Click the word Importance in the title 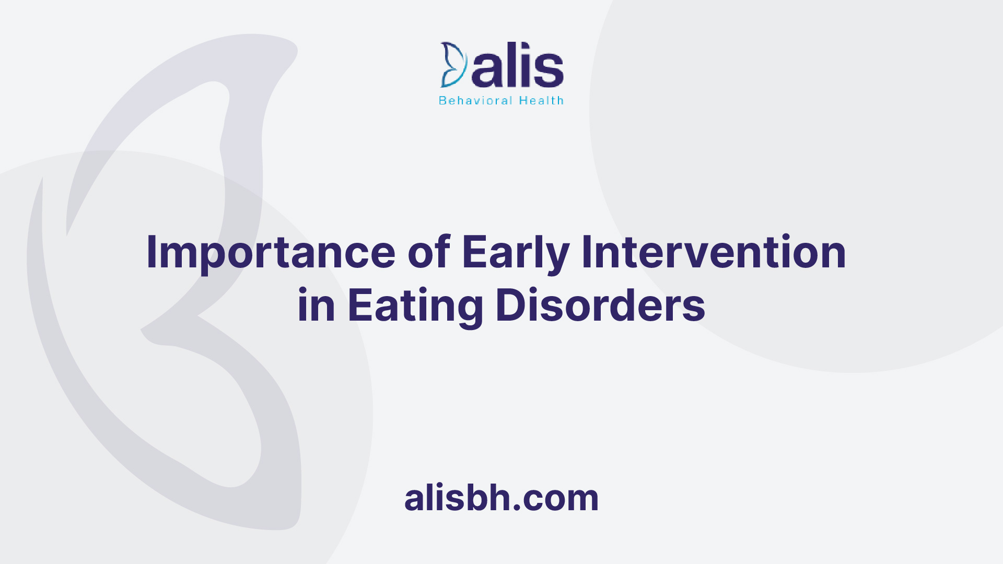coord(271,253)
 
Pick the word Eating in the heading coord(416,307)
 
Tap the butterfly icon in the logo coord(453,65)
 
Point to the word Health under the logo coord(541,100)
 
